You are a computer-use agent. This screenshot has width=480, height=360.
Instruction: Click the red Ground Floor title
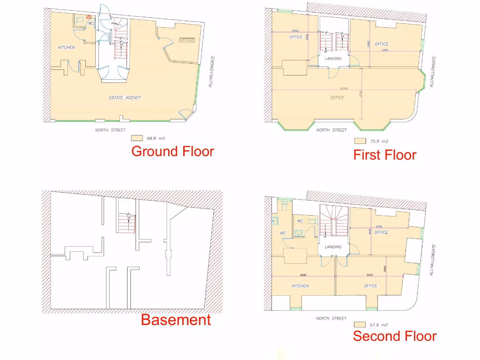tap(172, 151)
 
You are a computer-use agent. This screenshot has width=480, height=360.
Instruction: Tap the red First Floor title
tap(384, 155)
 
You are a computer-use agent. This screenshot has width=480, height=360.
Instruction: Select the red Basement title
tap(176, 320)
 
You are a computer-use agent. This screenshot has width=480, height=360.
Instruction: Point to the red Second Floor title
tap(394, 336)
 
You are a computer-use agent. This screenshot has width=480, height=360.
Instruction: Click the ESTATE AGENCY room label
tap(125, 97)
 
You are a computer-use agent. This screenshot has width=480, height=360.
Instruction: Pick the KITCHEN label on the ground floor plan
tap(66, 47)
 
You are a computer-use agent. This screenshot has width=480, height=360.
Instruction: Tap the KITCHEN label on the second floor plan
tap(300, 285)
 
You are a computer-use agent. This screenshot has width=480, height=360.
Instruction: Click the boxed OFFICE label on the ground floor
tap(187, 40)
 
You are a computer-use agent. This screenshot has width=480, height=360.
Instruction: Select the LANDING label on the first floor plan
tap(333, 59)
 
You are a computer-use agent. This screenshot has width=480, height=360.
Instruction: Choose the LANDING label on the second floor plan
tap(333, 247)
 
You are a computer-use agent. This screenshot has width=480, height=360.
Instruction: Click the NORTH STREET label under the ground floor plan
tap(110, 130)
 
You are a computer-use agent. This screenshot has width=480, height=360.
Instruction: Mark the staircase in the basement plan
tap(127, 223)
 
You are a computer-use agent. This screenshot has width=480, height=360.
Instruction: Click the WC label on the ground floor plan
tap(91, 23)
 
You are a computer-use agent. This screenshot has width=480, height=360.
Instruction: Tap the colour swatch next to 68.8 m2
tap(137, 138)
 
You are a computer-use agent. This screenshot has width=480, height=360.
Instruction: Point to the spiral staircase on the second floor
tap(333, 220)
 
